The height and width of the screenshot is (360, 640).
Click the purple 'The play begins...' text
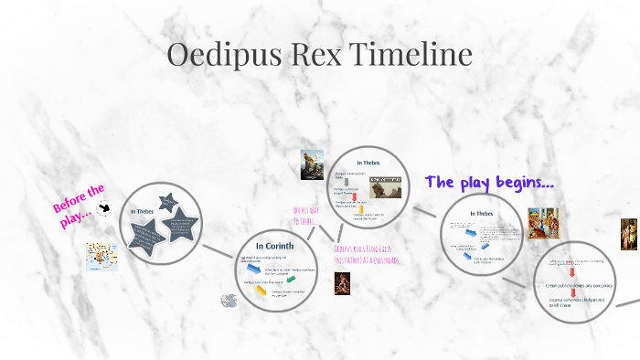[489, 182]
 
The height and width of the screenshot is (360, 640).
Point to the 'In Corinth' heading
[273, 246]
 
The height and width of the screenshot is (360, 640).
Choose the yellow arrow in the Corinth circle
[261, 291]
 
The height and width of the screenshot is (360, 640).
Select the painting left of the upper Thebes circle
[314, 164]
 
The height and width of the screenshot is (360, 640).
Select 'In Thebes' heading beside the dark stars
[143, 212]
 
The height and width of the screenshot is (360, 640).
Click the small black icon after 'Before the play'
[106, 209]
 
